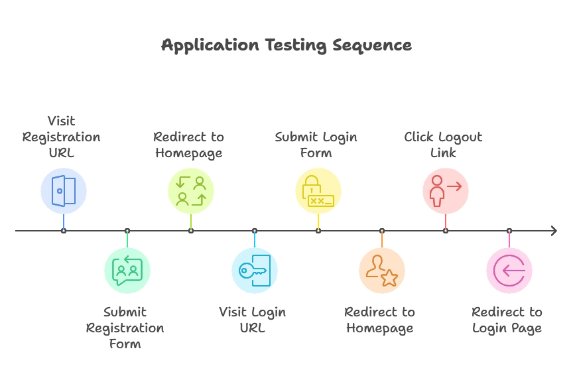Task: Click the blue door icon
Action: point(64,191)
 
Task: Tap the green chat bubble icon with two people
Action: point(127,271)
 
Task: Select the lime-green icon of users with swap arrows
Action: point(191,191)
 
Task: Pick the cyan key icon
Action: point(255,271)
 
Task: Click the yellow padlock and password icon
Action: point(318,192)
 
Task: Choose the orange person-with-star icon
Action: point(381,271)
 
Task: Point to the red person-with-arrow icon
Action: point(446,191)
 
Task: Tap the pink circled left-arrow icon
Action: point(509,271)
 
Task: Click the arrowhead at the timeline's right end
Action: point(552,231)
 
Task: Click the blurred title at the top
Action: point(286,46)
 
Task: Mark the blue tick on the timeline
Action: point(64,222)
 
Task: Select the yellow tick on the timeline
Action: point(318,222)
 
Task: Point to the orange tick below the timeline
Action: point(381,239)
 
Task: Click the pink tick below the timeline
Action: point(509,239)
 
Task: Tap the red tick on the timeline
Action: point(446,222)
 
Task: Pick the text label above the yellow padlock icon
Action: point(316,145)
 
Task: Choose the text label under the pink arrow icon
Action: point(508,320)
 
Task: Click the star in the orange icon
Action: point(389,279)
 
